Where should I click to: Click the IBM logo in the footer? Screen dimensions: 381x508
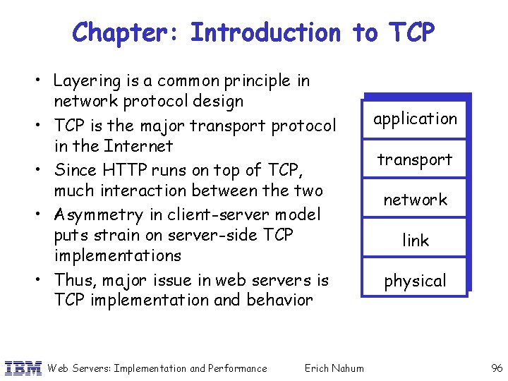click(x=22, y=368)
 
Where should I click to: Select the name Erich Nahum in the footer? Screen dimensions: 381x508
click(x=334, y=368)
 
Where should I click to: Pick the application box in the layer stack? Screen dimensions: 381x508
click(x=416, y=119)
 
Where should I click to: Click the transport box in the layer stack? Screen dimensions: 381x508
click(x=416, y=159)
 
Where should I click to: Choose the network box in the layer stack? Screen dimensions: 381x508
click(x=416, y=200)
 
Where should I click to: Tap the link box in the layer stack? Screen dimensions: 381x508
click(x=416, y=241)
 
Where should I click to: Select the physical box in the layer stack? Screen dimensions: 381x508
click(x=416, y=281)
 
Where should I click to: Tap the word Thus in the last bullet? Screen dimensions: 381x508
click(x=74, y=280)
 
